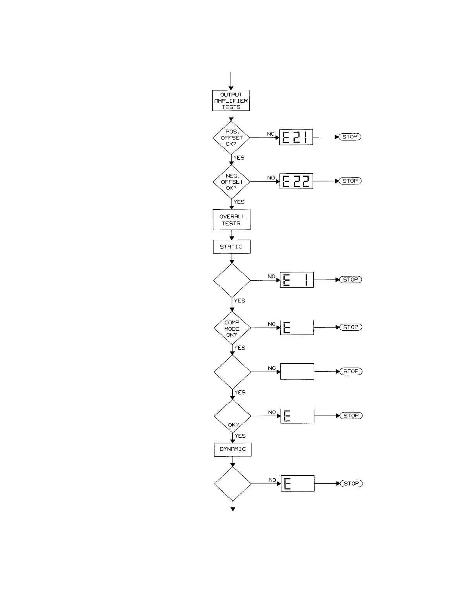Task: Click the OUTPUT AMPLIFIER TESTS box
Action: (x=231, y=101)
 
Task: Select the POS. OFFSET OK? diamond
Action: (x=231, y=138)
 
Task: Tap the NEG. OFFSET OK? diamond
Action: (x=232, y=182)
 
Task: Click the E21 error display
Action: (x=296, y=137)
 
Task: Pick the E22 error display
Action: (x=296, y=181)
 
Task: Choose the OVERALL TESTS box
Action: (x=232, y=220)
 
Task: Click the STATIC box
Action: (x=232, y=247)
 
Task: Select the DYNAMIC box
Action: (x=233, y=449)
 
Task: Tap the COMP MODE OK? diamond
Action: (x=232, y=328)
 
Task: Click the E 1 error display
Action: (x=297, y=280)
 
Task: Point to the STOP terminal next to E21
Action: (x=350, y=137)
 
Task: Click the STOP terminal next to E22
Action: (x=350, y=181)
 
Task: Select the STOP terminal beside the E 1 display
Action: (x=350, y=279)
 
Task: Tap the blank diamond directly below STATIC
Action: (x=232, y=280)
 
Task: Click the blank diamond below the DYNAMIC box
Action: (x=233, y=484)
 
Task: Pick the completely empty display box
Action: (x=297, y=372)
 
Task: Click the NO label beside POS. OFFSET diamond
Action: (x=271, y=134)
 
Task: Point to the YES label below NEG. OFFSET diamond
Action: (x=239, y=202)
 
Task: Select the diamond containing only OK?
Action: (x=233, y=416)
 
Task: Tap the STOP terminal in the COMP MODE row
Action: (x=351, y=327)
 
